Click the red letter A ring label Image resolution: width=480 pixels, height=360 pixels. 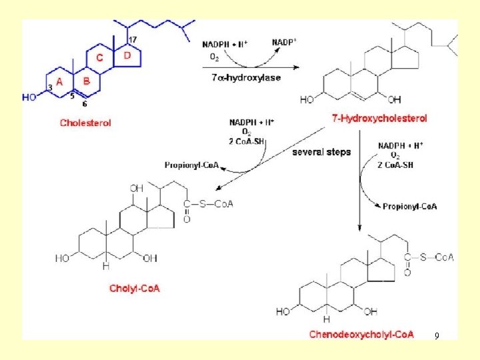click(x=59, y=81)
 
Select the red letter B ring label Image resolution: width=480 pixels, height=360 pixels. click(x=86, y=81)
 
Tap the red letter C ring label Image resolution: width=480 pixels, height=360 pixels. click(x=100, y=58)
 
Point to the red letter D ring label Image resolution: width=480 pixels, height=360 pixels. click(x=128, y=55)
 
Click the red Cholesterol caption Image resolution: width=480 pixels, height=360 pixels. click(x=85, y=123)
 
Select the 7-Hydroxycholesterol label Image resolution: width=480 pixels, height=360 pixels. click(x=379, y=118)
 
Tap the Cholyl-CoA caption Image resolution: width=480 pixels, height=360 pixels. click(x=135, y=289)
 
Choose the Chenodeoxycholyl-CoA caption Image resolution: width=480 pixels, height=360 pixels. click(x=361, y=334)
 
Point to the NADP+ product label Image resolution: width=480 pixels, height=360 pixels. click(x=285, y=42)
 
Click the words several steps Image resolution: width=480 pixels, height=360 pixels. click(x=321, y=152)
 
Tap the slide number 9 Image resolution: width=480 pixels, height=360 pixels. click(x=436, y=336)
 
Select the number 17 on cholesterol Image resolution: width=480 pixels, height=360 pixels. click(x=133, y=40)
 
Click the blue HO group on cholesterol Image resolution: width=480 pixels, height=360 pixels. click(x=29, y=97)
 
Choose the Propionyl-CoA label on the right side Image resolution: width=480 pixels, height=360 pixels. click(x=410, y=207)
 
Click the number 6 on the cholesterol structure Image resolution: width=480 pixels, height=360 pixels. click(x=84, y=104)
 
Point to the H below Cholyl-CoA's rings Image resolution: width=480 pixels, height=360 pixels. click(x=105, y=266)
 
